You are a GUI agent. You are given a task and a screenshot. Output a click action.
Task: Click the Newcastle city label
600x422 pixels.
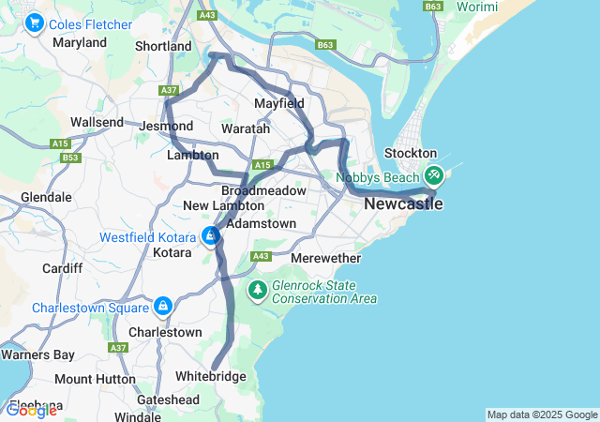(x=402, y=203)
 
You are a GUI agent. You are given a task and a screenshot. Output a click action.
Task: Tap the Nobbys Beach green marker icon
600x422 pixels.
(x=434, y=175)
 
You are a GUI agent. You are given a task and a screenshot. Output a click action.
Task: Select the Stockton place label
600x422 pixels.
(x=413, y=153)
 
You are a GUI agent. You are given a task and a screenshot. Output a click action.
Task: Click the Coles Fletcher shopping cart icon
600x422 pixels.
(x=36, y=23)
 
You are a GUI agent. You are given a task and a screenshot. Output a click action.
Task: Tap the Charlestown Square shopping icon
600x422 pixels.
(x=164, y=307)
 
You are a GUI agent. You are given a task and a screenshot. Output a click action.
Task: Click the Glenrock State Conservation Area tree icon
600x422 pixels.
(x=258, y=291)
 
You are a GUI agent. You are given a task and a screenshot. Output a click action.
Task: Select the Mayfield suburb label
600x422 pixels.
(x=278, y=103)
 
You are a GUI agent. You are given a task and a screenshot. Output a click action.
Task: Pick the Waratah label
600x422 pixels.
(x=245, y=128)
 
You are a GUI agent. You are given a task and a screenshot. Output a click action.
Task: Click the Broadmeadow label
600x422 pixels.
(x=263, y=190)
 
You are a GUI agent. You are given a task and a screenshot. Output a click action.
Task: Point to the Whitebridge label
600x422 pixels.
(x=211, y=377)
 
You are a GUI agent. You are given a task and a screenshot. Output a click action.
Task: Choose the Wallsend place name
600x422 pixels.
(x=97, y=123)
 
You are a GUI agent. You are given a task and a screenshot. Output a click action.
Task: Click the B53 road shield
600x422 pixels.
(x=70, y=158)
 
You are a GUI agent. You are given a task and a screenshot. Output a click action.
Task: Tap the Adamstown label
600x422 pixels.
(x=262, y=224)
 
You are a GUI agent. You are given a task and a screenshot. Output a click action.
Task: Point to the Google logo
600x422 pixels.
(x=31, y=410)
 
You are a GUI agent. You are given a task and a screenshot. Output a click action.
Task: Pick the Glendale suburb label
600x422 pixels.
(x=47, y=198)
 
